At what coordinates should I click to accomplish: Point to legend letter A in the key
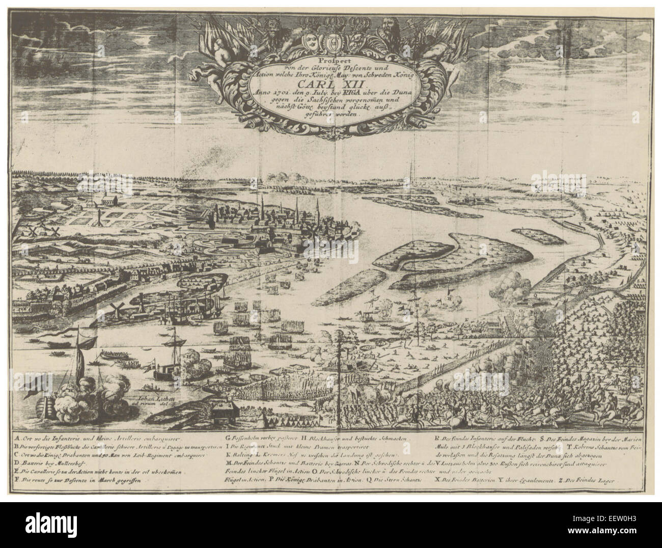(17, 437)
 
